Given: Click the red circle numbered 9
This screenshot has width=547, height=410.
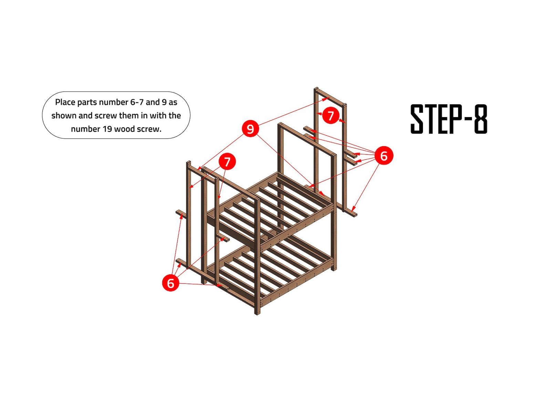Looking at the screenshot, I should pyautogui.click(x=250, y=129).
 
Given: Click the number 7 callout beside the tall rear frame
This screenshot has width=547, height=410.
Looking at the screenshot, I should pyautogui.click(x=331, y=116).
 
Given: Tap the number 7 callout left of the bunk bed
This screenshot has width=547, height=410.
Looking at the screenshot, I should pyautogui.click(x=227, y=161).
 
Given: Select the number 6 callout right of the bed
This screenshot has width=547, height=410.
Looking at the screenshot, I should pyautogui.click(x=384, y=156).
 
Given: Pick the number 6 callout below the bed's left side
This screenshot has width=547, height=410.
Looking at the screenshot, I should pyautogui.click(x=171, y=283).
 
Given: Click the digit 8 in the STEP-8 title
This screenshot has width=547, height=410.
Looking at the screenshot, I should pyautogui.click(x=481, y=119).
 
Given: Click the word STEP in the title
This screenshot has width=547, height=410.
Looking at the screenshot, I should pyautogui.click(x=436, y=119).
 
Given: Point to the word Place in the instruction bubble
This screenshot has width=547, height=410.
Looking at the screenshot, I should pyautogui.click(x=65, y=102).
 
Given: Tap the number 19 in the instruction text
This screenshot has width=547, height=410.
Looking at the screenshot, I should pyautogui.click(x=106, y=129).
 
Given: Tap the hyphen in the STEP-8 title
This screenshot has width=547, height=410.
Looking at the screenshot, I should pyautogui.click(x=468, y=119).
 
